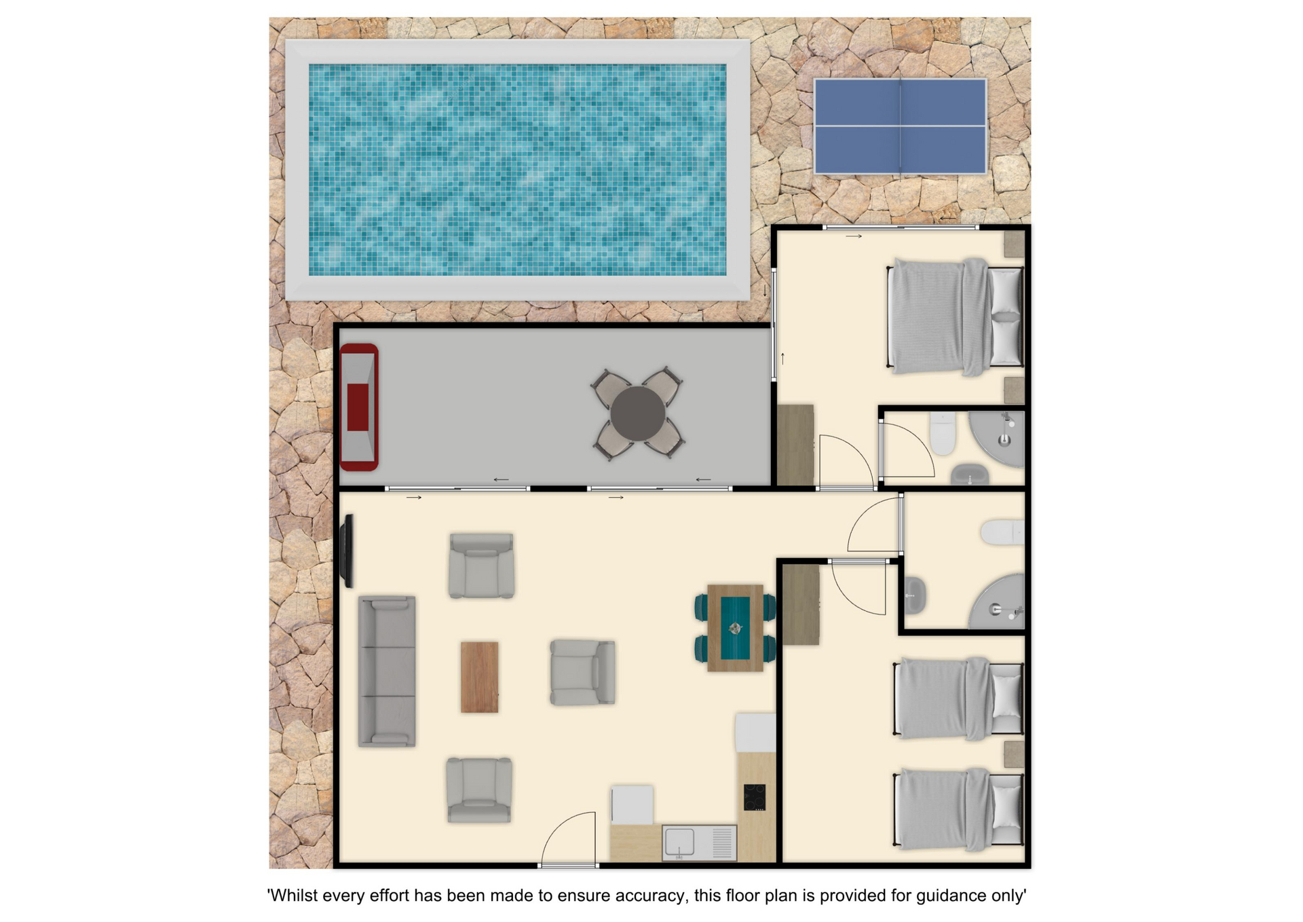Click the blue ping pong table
tap(900, 126)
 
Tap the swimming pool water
tap(517, 170)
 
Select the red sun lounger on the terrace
tap(359, 407)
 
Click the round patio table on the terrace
tap(637, 413)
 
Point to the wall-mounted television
tap(347, 551)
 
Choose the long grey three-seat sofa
tap(387, 671)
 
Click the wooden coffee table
tap(480, 677)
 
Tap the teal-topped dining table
tap(735, 628)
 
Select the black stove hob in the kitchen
tap(755, 797)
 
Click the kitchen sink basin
tap(679, 843)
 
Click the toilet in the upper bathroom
tap(943, 433)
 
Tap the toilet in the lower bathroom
tap(1002, 532)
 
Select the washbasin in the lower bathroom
tap(915, 595)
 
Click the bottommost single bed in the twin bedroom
tap(959, 809)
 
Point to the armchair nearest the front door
tap(479, 790)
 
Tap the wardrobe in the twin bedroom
tap(801, 604)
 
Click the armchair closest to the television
tap(481, 566)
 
